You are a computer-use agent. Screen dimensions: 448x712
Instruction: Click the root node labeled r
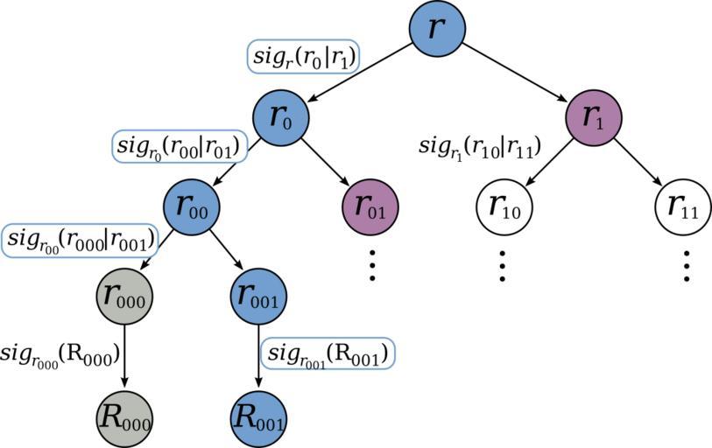click(x=436, y=28)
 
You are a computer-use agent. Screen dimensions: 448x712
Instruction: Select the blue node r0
click(x=280, y=118)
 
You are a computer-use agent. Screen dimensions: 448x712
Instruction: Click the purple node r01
click(x=370, y=208)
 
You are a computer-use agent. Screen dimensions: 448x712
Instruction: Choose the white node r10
click(x=504, y=207)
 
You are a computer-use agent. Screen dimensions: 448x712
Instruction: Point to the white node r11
click(x=682, y=207)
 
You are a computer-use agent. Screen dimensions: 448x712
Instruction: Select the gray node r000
click(x=123, y=297)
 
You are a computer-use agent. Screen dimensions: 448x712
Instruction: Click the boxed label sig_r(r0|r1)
click(x=304, y=57)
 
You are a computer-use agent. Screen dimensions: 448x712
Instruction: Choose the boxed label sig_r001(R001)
click(x=328, y=355)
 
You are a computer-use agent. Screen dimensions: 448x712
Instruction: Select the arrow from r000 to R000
click(x=123, y=354)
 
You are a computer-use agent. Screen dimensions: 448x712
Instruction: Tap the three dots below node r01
click(x=371, y=264)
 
